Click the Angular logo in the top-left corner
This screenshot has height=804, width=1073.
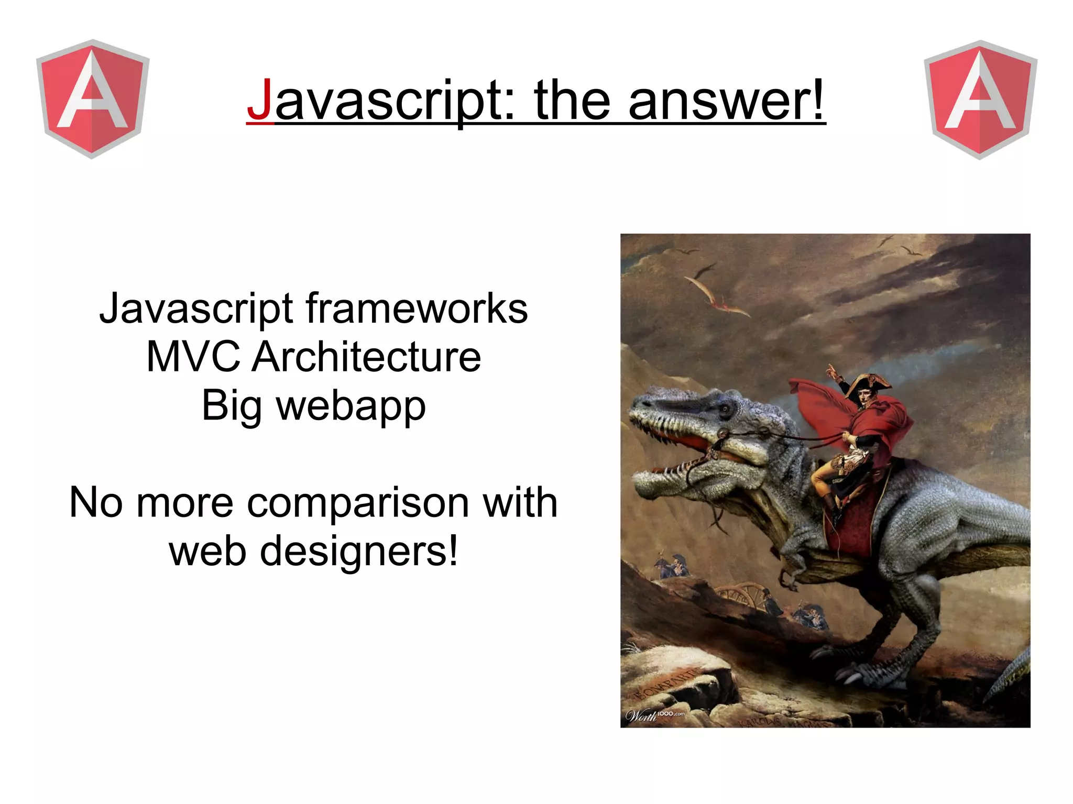[x=93, y=98]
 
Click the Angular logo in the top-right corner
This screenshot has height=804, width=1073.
[x=980, y=100]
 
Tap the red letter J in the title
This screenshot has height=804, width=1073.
[x=260, y=100]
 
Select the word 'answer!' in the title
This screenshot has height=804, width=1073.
[x=726, y=100]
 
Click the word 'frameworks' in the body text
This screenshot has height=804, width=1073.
[x=417, y=309]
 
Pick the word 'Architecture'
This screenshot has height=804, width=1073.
[x=366, y=357]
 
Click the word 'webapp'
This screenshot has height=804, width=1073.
[x=351, y=406]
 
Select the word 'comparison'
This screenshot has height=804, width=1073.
[x=358, y=502]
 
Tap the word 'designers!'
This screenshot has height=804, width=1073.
[x=359, y=551]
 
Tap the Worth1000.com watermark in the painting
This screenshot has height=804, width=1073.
[x=655, y=715]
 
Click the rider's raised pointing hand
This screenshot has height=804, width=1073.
[x=831, y=372]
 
